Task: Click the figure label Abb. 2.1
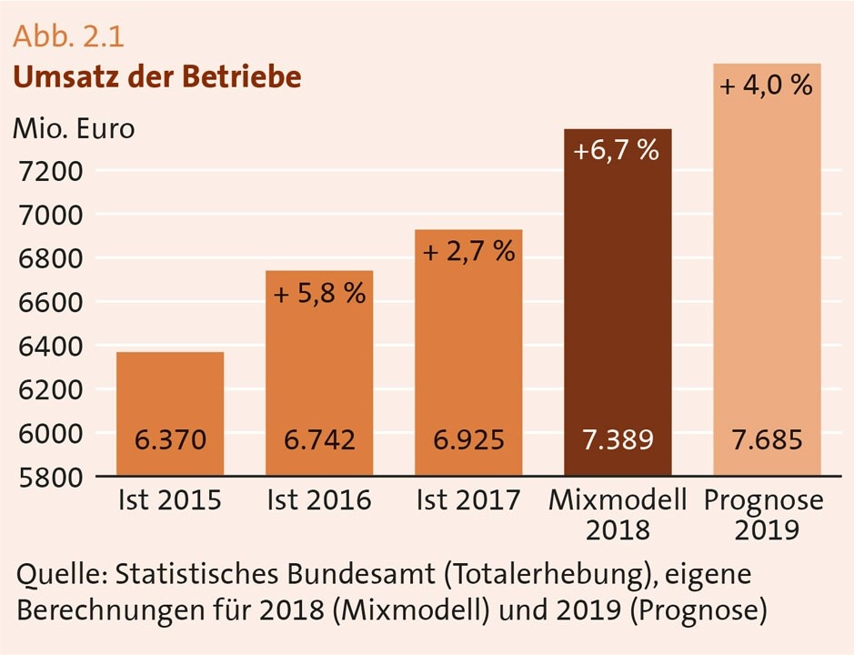(68, 38)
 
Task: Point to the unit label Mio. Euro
(73, 128)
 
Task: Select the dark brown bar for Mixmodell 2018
(618, 300)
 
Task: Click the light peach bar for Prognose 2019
(767, 273)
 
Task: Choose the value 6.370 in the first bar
(170, 441)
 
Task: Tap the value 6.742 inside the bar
(319, 441)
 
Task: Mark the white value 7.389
(618, 441)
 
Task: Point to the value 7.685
(767, 441)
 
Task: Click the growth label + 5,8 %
(319, 294)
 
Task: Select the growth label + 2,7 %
(468, 252)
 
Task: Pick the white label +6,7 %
(618, 151)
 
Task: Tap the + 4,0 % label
(767, 87)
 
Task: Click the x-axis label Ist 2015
(170, 500)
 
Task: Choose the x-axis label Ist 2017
(468, 500)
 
